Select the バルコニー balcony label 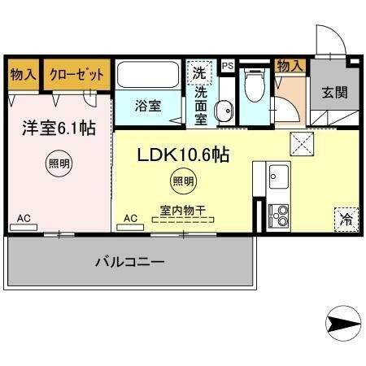[x=130, y=262]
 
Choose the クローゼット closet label [x=77, y=74]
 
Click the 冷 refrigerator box [x=345, y=218]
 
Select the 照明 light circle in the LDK [x=182, y=181]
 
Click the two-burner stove [x=277, y=216]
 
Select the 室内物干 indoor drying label [x=182, y=210]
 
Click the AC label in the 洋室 [x=24, y=218]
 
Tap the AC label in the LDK [x=129, y=218]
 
